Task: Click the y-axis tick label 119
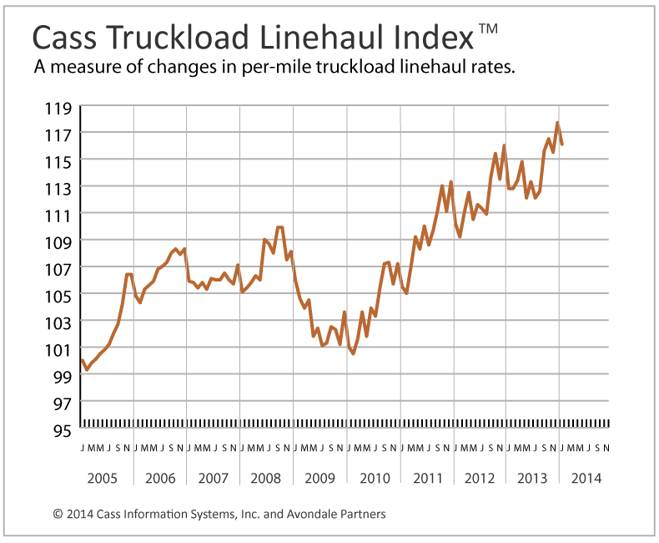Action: pos(58,108)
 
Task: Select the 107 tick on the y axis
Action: pos(58,268)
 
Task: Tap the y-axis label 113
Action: pos(58,188)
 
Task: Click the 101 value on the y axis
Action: pos(58,349)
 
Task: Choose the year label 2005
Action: pos(106,479)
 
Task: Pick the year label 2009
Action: pos(319,479)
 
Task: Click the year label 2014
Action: pos(585,479)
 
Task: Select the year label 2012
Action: pos(479,479)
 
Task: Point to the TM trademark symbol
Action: pos(489,30)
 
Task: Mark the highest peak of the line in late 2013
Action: pos(557,123)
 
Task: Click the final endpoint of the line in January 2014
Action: pos(562,145)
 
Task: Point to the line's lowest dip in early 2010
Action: pos(353,353)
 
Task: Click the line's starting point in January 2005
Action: pos(82,360)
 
